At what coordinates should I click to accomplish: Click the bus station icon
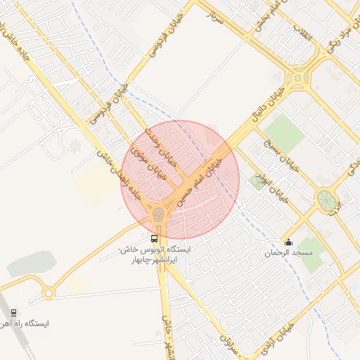coord(155,238)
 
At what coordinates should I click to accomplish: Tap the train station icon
coord(14,313)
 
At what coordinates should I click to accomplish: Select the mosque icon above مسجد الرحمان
coord(287,243)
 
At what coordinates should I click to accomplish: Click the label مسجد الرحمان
coord(287,253)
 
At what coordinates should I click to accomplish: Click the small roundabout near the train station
coord(48,292)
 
